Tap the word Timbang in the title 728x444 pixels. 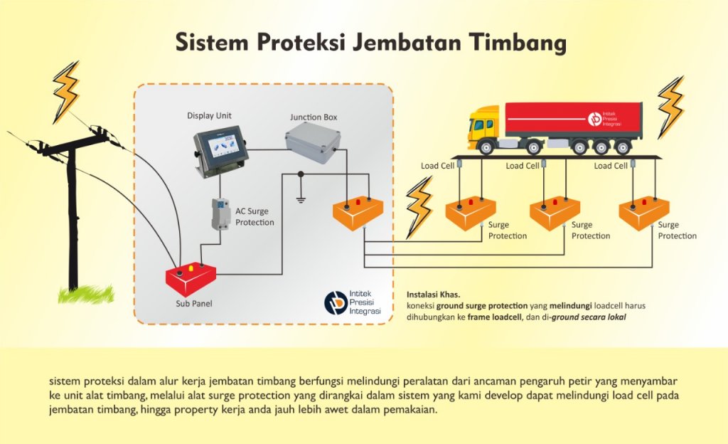pos(517,43)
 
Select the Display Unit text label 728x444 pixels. pos(209,115)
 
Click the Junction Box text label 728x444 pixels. pos(313,117)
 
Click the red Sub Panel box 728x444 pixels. pos(191,280)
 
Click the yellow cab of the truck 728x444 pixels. pos(484,125)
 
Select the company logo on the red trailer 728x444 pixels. pos(594,118)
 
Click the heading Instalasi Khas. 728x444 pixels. pos(433,294)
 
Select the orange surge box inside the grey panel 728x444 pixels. pos(358,211)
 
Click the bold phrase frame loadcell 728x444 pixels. pos(493,317)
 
